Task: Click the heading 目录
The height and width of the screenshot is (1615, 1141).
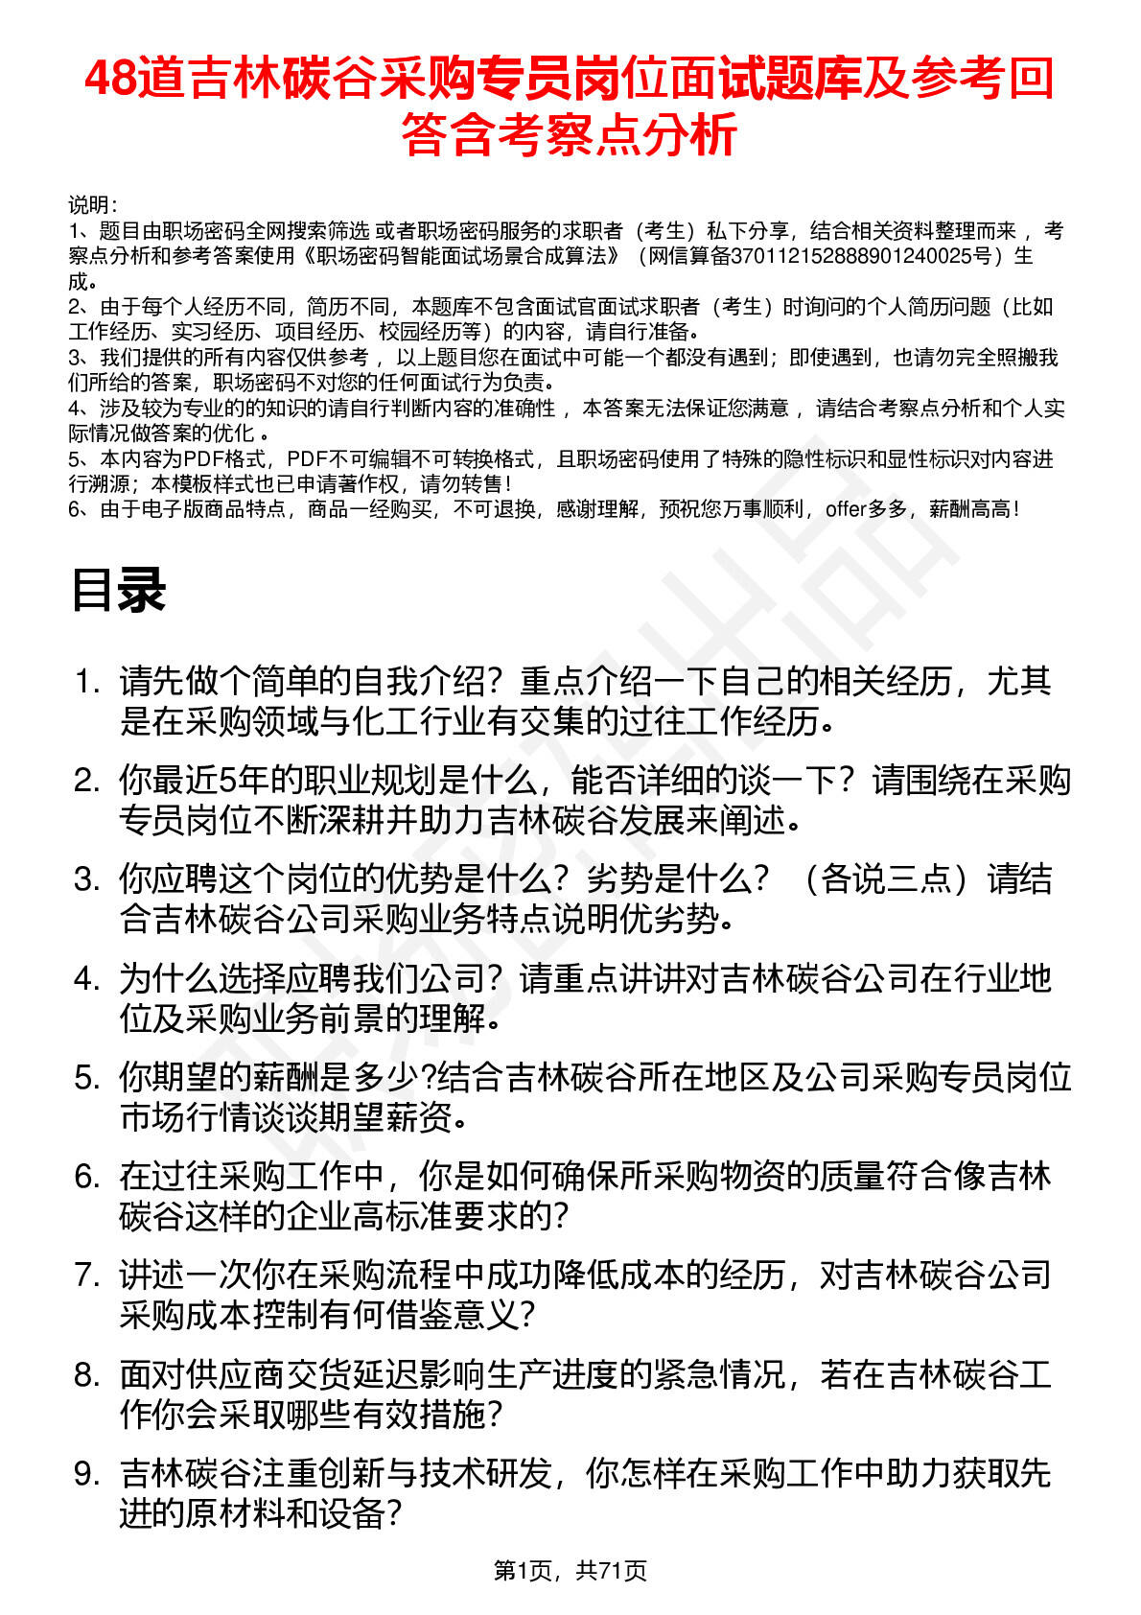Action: pyautogui.click(x=118, y=590)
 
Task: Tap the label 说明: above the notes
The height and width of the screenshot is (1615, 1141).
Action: pyautogui.click(x=93, y=205)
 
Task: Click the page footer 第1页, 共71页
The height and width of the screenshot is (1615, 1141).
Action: pyautogui.click(x=570, y=1570)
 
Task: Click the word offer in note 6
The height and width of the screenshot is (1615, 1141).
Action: pyautogui.click(x=846, y=509)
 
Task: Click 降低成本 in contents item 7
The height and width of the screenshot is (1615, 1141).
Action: pyautogui.click(x=602, y=1276)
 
